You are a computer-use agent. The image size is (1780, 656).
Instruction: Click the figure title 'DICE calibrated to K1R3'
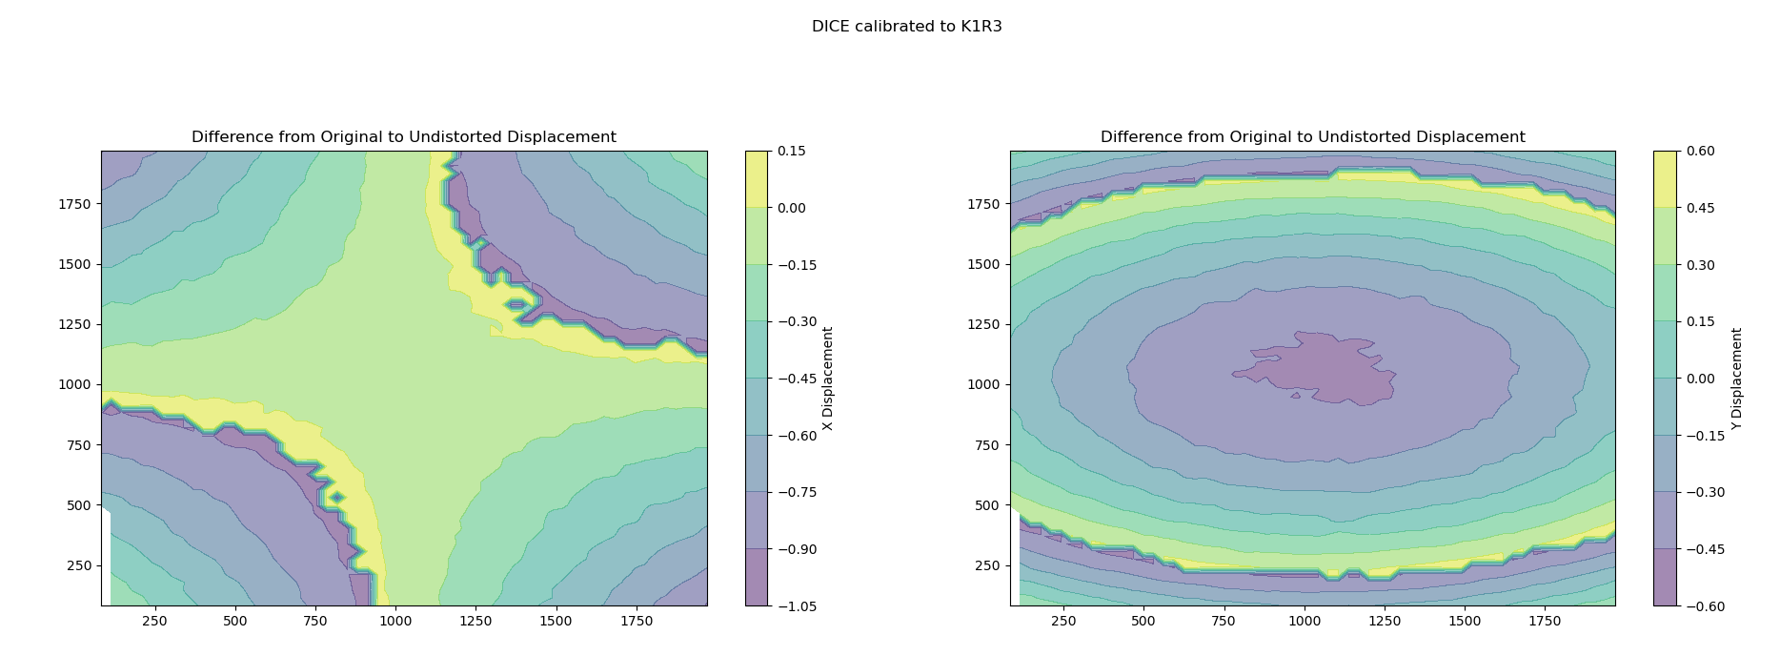pyautogui.click(x=906, y=27)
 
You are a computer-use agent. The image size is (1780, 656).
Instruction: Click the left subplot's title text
pyautogui.click(x=403, y=137)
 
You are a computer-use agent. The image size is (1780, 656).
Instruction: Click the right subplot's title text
pyautogui.click(x=1312, y=137)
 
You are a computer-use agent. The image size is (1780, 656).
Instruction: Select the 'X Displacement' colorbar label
pyautogui.click(x=827, y=379)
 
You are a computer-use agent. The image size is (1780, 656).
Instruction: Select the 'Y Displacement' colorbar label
pyautogui.click(x=1736, y=379)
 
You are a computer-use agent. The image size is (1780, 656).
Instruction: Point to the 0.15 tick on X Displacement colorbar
pyautogui.click(x=791, y=151)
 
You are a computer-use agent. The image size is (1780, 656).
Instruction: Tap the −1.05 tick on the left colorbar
pyautogui.click(x=792, y=606)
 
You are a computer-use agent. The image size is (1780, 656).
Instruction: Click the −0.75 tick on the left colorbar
pyautogui.click(x=792, y=492)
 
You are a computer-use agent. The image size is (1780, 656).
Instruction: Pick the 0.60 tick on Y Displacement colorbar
pyautogui.click(x=1700, y=151)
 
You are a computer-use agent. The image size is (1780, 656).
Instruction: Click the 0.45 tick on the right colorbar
pyautogui.click(x=1700, y=208)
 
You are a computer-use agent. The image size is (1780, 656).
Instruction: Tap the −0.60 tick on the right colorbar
pyautogui.click(x=1701, y=606)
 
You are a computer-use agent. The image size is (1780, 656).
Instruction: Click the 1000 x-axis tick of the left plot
pyautogui.click(x=395, y=622)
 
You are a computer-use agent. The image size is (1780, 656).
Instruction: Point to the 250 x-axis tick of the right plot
pyautogui.click(x=1062, y=622)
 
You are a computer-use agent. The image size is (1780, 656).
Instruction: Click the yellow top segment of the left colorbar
pyautogui.click(x=756, y=179)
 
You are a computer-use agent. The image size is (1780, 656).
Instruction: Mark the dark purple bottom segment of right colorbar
pyautogui.click(x=1665, y=578)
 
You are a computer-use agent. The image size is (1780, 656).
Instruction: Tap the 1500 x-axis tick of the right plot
pyautogui.click(x=1465, y=622)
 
